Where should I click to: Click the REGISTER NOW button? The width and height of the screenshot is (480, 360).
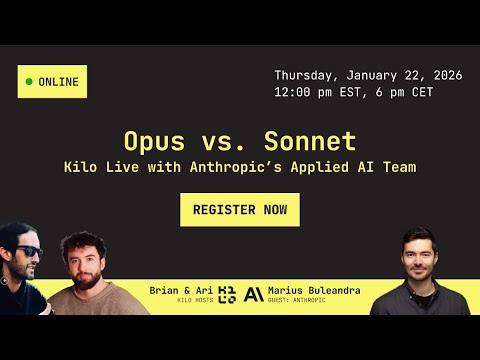pos(240,210)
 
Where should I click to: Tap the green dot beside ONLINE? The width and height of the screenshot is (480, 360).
pos(29,81)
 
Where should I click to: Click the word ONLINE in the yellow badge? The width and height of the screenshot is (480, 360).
pos(59,81)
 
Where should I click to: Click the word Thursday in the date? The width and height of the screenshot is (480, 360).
pos(306,76)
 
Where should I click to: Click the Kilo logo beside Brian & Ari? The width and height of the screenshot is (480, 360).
pos(227,294)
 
